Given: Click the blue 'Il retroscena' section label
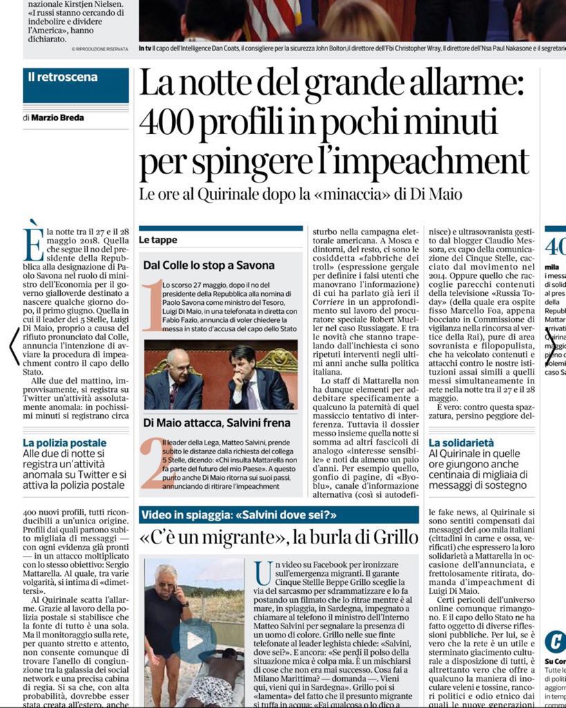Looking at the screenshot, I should point(63,77).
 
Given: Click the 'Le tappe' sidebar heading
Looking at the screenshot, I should point(158,240).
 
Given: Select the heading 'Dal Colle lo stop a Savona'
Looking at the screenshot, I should point(209,265).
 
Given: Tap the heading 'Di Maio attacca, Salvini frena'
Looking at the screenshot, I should point(216,422).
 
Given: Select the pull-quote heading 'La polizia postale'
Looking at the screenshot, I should point(65,442).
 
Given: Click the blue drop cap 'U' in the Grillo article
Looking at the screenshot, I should point(263,572).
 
